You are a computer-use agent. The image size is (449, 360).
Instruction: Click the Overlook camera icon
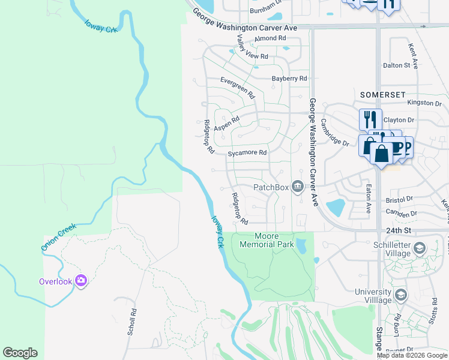(82, 280)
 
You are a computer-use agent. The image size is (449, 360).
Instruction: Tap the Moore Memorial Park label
(267, 241)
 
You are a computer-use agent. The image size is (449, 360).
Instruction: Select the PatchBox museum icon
(297, 187)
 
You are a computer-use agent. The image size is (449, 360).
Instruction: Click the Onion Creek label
(59, 237)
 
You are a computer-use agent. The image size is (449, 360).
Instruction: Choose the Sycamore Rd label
(247, 153)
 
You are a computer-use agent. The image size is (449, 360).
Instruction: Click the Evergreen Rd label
(238, 88)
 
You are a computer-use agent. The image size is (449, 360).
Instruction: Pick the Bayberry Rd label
(289, 79)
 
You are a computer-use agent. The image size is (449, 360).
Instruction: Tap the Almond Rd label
(270, 38)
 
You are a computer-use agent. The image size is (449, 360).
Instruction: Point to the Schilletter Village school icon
(420, 247)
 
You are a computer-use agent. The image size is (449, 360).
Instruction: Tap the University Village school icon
(401, 295)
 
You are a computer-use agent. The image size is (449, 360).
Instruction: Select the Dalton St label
(396, 65)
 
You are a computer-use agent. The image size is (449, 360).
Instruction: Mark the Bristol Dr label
(400, 199)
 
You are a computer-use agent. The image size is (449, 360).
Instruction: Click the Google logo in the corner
(20, 352)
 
